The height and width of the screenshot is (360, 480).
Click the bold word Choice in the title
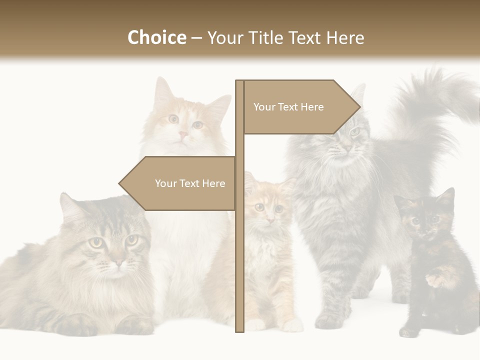pos(156,37)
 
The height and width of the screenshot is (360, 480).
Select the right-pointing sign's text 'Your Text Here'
pos(288,107)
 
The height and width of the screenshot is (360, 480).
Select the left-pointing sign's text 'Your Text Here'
pos(190,183)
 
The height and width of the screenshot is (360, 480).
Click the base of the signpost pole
pos(239,328)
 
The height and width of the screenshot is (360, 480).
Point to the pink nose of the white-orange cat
pos(183,134)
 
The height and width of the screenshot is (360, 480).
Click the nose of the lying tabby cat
pos(118,261)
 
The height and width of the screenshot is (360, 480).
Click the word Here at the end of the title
pos(345,37)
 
